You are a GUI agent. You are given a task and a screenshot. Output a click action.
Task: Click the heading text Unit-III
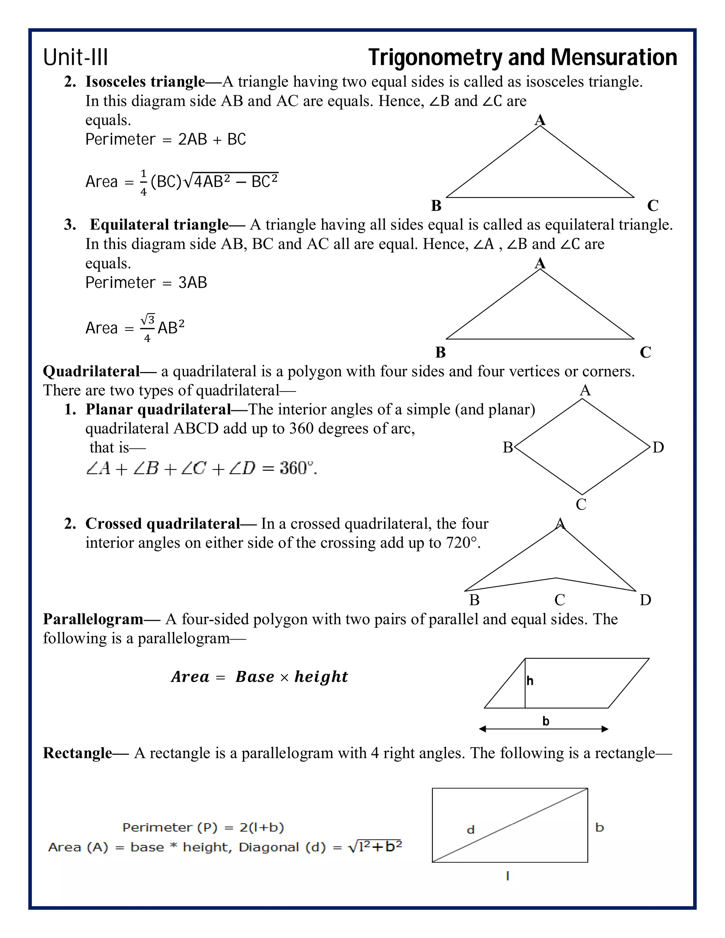pos(76,58)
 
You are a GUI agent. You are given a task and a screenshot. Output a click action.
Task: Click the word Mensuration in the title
pos(614,58)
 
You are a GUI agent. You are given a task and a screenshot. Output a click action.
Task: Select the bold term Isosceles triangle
pos(145,82)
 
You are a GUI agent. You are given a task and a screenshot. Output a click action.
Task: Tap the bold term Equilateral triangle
pos(159,225)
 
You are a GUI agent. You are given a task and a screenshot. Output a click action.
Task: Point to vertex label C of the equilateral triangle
pos(645,352)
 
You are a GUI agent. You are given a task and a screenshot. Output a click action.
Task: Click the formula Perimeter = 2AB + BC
pos(165,139)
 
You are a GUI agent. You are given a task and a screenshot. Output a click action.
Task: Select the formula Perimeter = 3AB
pos(146,282)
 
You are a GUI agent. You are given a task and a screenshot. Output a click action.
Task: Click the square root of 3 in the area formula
pos(148,320)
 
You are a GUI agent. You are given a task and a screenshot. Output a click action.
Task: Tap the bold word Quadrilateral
pos(91,371)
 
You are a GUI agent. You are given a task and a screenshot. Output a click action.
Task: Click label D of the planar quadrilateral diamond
pos(658,447)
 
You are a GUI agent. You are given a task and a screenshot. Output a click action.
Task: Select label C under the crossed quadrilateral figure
pos(560,600)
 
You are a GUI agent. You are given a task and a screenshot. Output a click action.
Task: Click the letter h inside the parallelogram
pos(530,681)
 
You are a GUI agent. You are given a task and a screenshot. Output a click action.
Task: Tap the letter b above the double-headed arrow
pos(546,721)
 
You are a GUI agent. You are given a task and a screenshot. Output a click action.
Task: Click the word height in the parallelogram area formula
pos(321,676)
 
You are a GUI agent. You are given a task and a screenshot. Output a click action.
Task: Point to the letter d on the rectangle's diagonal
pos(471,830)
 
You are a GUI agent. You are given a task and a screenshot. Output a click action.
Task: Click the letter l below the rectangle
pos(508,876)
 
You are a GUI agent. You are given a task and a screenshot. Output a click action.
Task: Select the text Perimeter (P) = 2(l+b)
pos(203,828)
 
